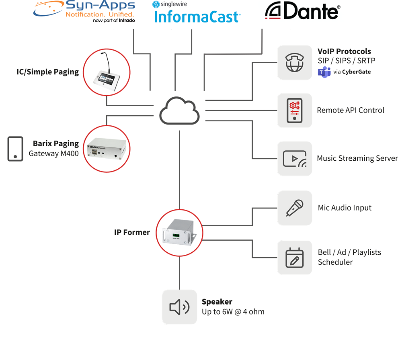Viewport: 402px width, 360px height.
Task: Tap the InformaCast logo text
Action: pyautogui.click(x=197, y=16)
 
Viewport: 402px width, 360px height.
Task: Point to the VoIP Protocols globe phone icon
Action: pyautogui.click(x=295, y=63)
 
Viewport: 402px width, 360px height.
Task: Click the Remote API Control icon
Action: pyautogui.click(x=295, y=110)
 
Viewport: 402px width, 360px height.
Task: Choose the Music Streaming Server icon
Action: pyautogui.click(x=295, y=158)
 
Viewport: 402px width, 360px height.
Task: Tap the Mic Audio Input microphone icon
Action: pyautogui.click(x=295, y=208)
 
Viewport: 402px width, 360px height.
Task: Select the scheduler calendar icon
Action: pyautogui.click(x=295, y=258)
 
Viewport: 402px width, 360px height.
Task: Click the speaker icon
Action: pyautogui.click(x=180, y=307)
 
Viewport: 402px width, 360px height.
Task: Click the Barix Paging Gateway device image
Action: pyautogui.click(x=107, y=149)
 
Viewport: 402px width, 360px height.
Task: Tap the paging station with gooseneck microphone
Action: pyautogui.click(x=107, y=73)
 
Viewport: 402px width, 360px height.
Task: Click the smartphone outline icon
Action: pyautogui.click(x=15, y=149)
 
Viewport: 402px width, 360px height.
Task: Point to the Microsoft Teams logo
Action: pyautogui.click(x=324, y=72)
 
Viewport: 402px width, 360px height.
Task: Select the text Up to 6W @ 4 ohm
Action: pyautogui.click(x=233, y=312)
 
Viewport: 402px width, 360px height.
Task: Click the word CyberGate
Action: pyautogui.click(x=357, y=72)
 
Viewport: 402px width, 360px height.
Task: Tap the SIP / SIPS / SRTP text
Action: pyautogui.click(x=346, y=61)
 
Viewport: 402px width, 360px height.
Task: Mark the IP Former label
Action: pyautogui.click(x=132, y=232)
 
